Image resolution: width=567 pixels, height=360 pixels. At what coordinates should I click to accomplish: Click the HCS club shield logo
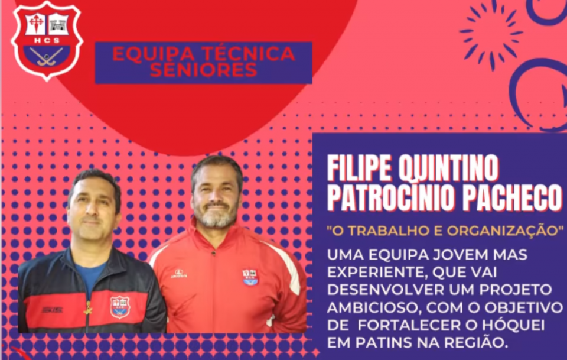(x=47, y=41)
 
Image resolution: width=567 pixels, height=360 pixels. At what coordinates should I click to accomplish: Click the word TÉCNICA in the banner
(x=248, y=54)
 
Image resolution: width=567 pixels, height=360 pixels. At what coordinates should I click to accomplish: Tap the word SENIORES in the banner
(x=203, y=70)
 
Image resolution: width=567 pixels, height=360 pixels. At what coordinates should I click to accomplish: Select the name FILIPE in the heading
(x=359, y=168)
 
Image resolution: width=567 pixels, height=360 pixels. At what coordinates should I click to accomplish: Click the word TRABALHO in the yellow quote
(x=386, y=231)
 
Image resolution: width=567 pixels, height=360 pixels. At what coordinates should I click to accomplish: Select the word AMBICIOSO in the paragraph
(x=374, y=308)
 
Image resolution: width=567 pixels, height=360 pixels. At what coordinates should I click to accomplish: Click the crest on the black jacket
(x=120, y=307)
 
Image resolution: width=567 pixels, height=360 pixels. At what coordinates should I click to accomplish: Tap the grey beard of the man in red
(x=216, y=215)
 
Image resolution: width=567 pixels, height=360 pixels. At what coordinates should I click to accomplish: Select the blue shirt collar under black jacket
(x=89, y=272)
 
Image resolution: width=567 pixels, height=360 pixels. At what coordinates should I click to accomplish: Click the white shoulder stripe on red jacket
(x=286, y=265)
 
